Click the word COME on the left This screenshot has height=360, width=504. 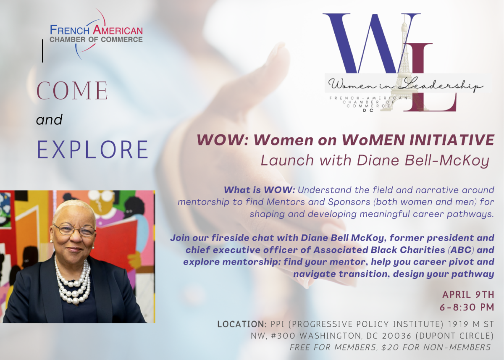72,90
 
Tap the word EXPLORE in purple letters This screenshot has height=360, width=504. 92,150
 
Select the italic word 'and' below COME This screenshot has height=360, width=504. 49,120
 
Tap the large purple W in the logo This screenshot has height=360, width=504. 371,43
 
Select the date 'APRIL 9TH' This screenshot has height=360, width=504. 468,295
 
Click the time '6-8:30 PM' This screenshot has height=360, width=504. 467,307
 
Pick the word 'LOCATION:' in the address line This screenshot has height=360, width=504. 242,324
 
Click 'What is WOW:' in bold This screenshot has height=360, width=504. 259,190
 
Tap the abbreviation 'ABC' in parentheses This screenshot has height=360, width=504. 461,250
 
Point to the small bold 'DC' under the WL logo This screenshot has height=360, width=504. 368,110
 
